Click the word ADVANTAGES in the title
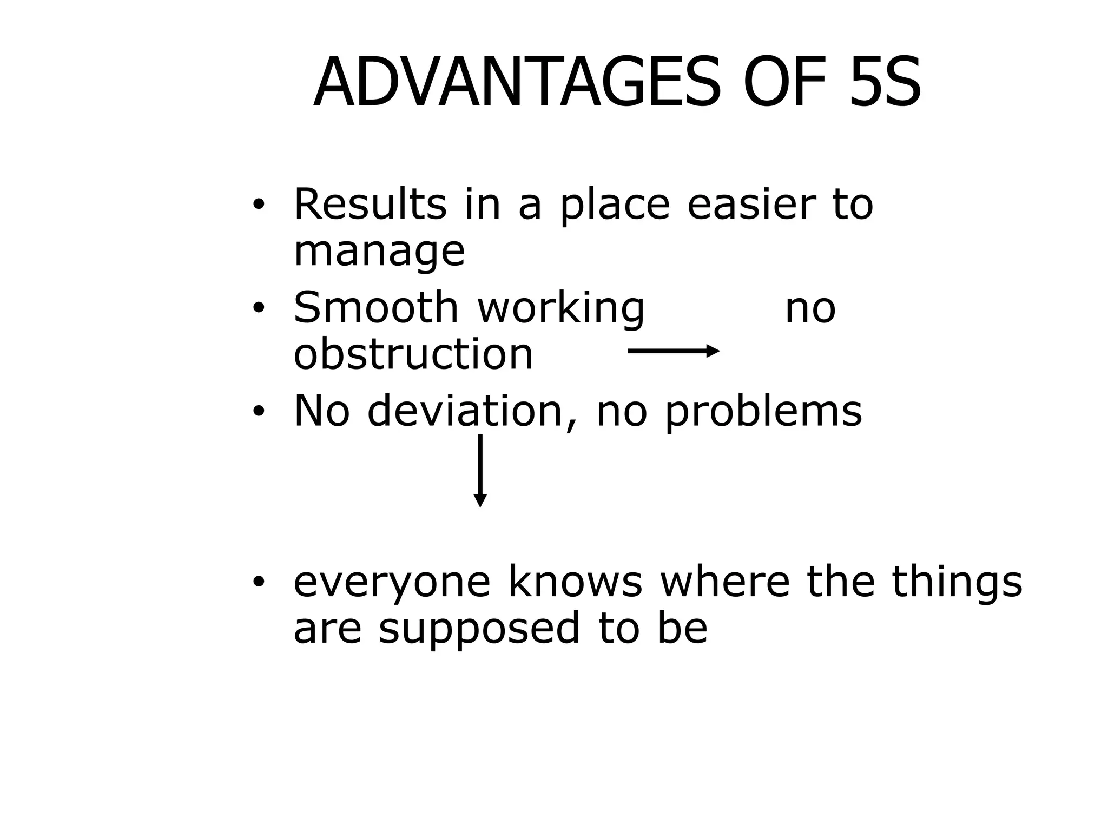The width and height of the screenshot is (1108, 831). (517, 83)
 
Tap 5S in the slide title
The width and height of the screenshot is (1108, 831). (884, 83)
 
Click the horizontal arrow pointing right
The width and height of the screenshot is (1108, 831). (674, 351)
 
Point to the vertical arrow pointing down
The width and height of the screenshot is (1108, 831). (480, 470)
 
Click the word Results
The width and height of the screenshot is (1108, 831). (370, 204)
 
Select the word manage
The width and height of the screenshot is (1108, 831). (379, 252)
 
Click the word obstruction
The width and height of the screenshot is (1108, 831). (413, 354)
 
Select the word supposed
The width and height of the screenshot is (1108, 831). (479, 629)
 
